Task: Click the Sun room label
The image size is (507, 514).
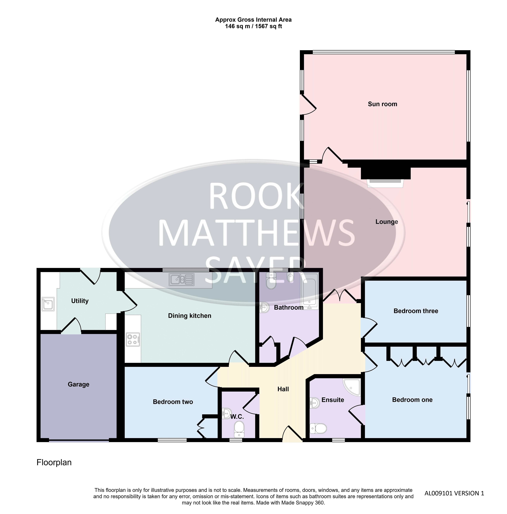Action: point(382,104)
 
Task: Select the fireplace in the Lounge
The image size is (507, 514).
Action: point(385,177)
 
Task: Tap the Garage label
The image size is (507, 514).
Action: point(79,384)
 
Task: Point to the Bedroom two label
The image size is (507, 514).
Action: point(173,402)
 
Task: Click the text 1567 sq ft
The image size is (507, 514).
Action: point(268,26)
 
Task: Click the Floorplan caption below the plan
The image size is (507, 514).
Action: point(54,462)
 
